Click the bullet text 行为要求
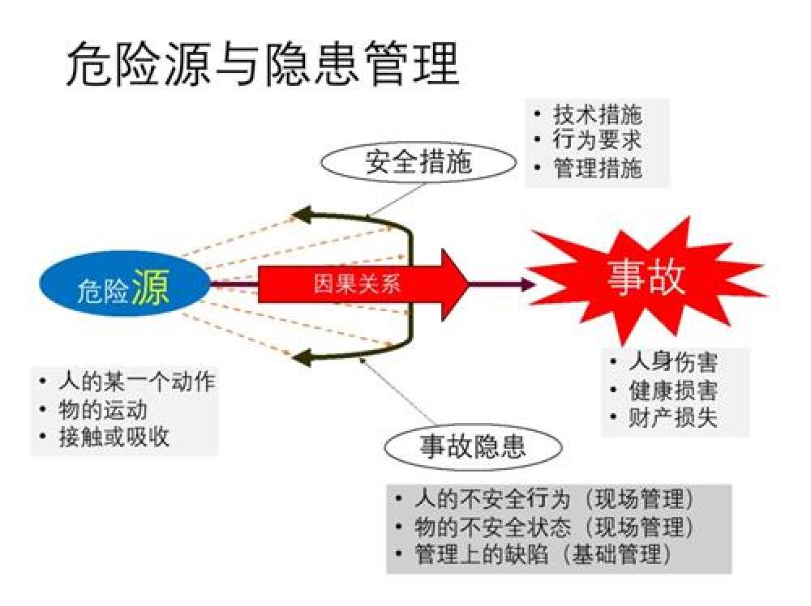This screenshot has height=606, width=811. [x=598, y=141]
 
